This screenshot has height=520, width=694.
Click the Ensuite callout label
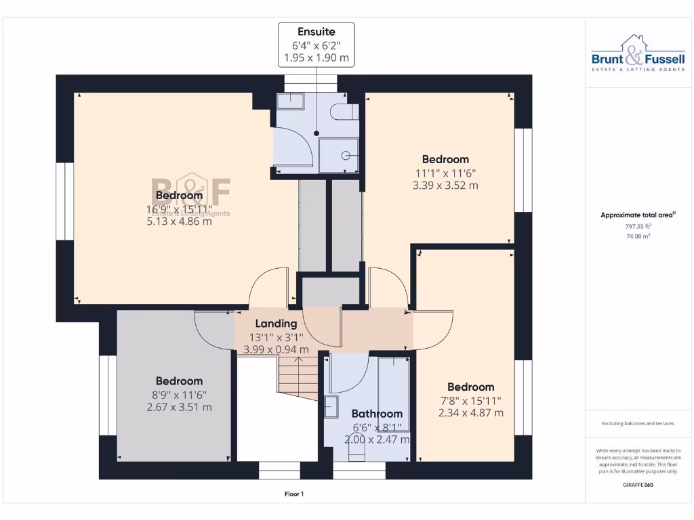(x=317, y=32)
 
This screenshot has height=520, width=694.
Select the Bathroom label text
(x=377, y=414)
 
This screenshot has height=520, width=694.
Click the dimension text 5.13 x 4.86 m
(x=179, y=221)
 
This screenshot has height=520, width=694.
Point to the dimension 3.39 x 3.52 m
(x=445, y=185)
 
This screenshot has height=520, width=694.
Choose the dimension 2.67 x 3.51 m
(x=179, y=407)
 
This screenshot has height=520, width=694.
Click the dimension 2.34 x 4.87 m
(x=471, y=412)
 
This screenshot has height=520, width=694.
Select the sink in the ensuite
(x=291, y=101)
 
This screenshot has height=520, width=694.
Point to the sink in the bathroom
(x=331, y=406)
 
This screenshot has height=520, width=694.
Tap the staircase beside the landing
(x=297, y=378)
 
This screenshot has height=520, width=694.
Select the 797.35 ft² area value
(x=638, y=227)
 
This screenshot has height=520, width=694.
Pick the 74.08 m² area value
(x=638, y=237)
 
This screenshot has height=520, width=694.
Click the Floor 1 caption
(x=293, y=494)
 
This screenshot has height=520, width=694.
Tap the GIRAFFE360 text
(x=638, y=485)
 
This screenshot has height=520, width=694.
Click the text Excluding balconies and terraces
(x=638, y=424)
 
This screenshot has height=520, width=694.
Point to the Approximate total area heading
(x=638, y=215)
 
